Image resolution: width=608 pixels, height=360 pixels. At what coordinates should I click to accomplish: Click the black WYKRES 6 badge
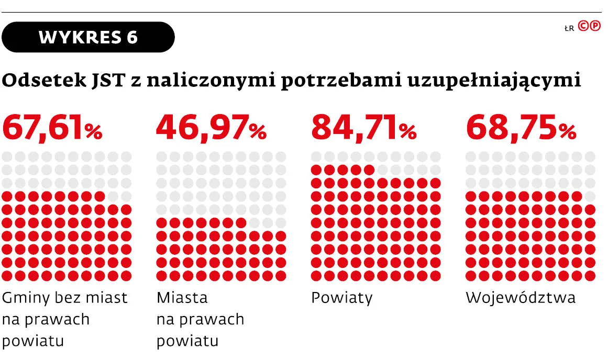click(88, 37)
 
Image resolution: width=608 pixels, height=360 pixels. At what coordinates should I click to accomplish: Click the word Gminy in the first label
click(27, 298)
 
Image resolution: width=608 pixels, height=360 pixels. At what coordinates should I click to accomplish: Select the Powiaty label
click(342, 298)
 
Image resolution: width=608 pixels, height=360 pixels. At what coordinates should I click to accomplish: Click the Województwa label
click(521, 298)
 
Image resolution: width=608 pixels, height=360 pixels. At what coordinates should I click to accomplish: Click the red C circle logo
click(583, 27)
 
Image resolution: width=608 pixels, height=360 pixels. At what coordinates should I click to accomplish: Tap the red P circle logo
click(595, 27)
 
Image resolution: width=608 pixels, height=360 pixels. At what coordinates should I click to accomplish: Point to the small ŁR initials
click(570, 29)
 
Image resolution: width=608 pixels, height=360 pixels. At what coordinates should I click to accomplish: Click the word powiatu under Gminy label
click(33, 341)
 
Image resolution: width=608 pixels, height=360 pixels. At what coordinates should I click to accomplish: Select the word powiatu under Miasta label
click(187, 341)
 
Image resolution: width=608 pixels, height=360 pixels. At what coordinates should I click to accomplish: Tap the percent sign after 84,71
click(407, 132)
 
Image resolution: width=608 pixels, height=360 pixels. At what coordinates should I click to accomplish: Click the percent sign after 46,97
click(258, 132)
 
